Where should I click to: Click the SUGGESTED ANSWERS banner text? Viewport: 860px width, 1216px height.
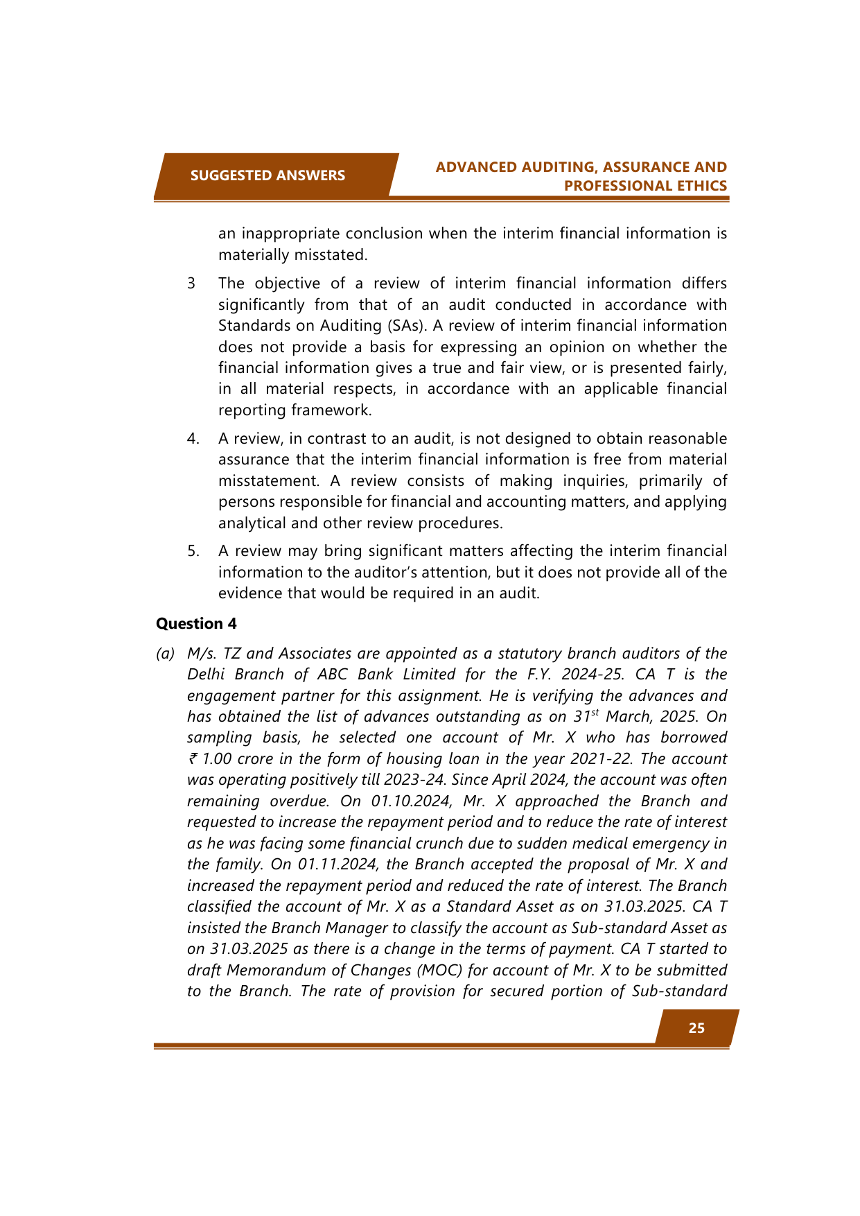(x=267, y=175)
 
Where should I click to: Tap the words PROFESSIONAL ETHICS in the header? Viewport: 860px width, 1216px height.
(x=645, y=186)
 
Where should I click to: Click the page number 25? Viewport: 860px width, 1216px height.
(x=696, y=1028)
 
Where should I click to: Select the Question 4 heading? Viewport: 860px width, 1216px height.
(x=196, y=624)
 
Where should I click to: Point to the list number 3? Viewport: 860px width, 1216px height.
(x=191, y=284)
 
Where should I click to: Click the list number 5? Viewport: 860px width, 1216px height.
(x=193, y=551)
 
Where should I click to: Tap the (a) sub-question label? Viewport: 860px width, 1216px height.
(x=165, y=654)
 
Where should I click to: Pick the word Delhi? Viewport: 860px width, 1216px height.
(x=205, y=675)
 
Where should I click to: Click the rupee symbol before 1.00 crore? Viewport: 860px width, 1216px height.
(x=193, y=759)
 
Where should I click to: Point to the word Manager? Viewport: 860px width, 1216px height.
(x=354, y=928)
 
